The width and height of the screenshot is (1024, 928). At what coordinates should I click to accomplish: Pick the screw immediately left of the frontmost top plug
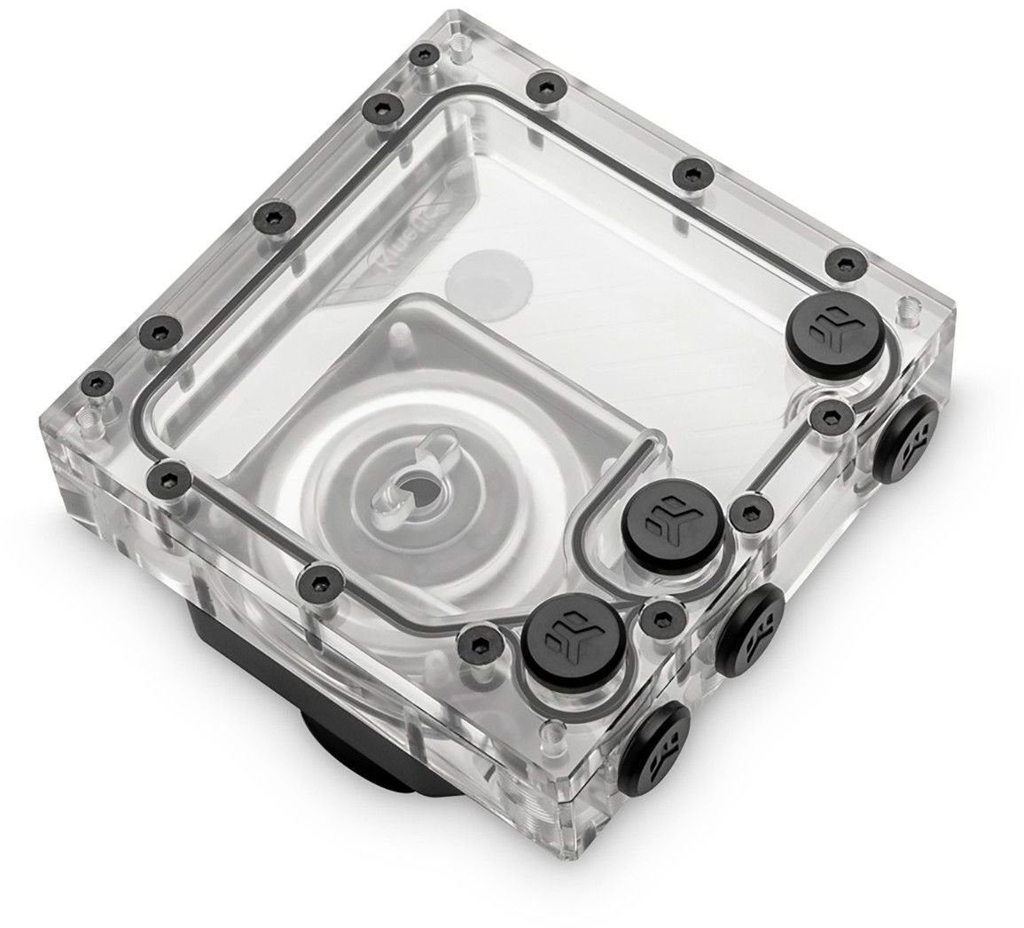click(479, 640)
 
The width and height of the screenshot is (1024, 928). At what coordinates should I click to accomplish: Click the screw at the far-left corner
click(94, 384)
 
